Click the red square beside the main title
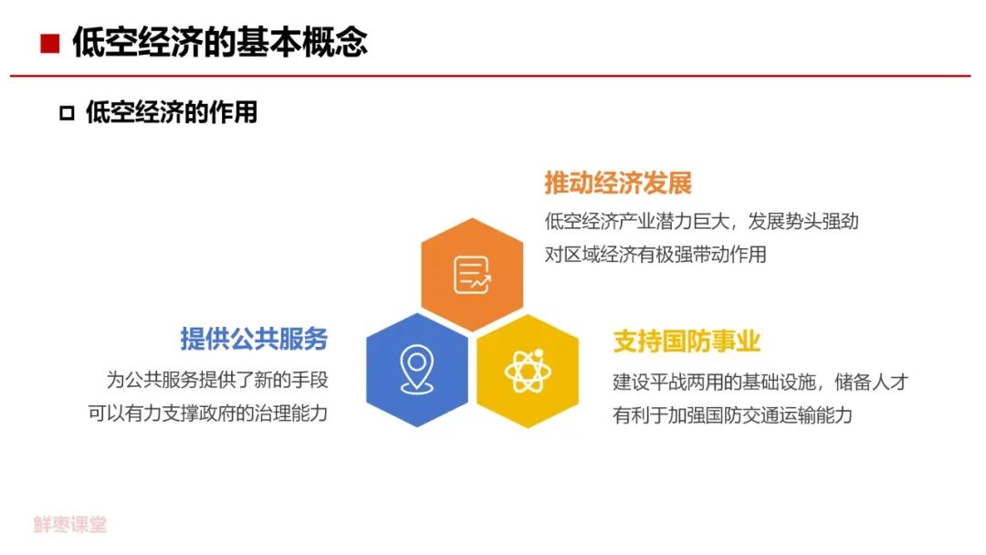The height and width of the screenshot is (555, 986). [x=49, y=44]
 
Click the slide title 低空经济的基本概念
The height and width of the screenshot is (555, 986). [x=220, y=42]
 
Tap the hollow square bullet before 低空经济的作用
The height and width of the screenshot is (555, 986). [x=67, y=113]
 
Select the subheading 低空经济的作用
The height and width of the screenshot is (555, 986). [x=172, y=112]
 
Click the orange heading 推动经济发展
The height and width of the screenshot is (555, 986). [x=618, y=183]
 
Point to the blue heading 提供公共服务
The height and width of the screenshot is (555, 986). [x=254, y=339]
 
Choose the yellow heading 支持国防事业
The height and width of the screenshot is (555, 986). [x=687, y=341]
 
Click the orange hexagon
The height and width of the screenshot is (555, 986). [x=472, y=275]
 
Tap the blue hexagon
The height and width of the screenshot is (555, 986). [x=417, y=371]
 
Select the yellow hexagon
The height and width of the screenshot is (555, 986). [x=528, y=372]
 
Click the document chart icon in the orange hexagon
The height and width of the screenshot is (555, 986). [x=472, y=276]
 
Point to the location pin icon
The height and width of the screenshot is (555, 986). [x=416, y=370]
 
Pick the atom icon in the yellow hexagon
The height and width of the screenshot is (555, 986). [x=528, y=371]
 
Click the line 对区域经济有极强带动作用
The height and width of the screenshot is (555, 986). [x=656, y=255]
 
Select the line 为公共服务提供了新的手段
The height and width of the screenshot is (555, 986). [x=217, y=380]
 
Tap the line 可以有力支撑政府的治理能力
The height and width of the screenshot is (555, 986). [x=208, y=413]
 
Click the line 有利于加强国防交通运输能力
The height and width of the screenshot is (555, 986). [x=732, y=415]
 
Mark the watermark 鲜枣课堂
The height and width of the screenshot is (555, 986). [x=70, y=524]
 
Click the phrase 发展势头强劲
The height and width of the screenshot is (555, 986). [x=803, y=221]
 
